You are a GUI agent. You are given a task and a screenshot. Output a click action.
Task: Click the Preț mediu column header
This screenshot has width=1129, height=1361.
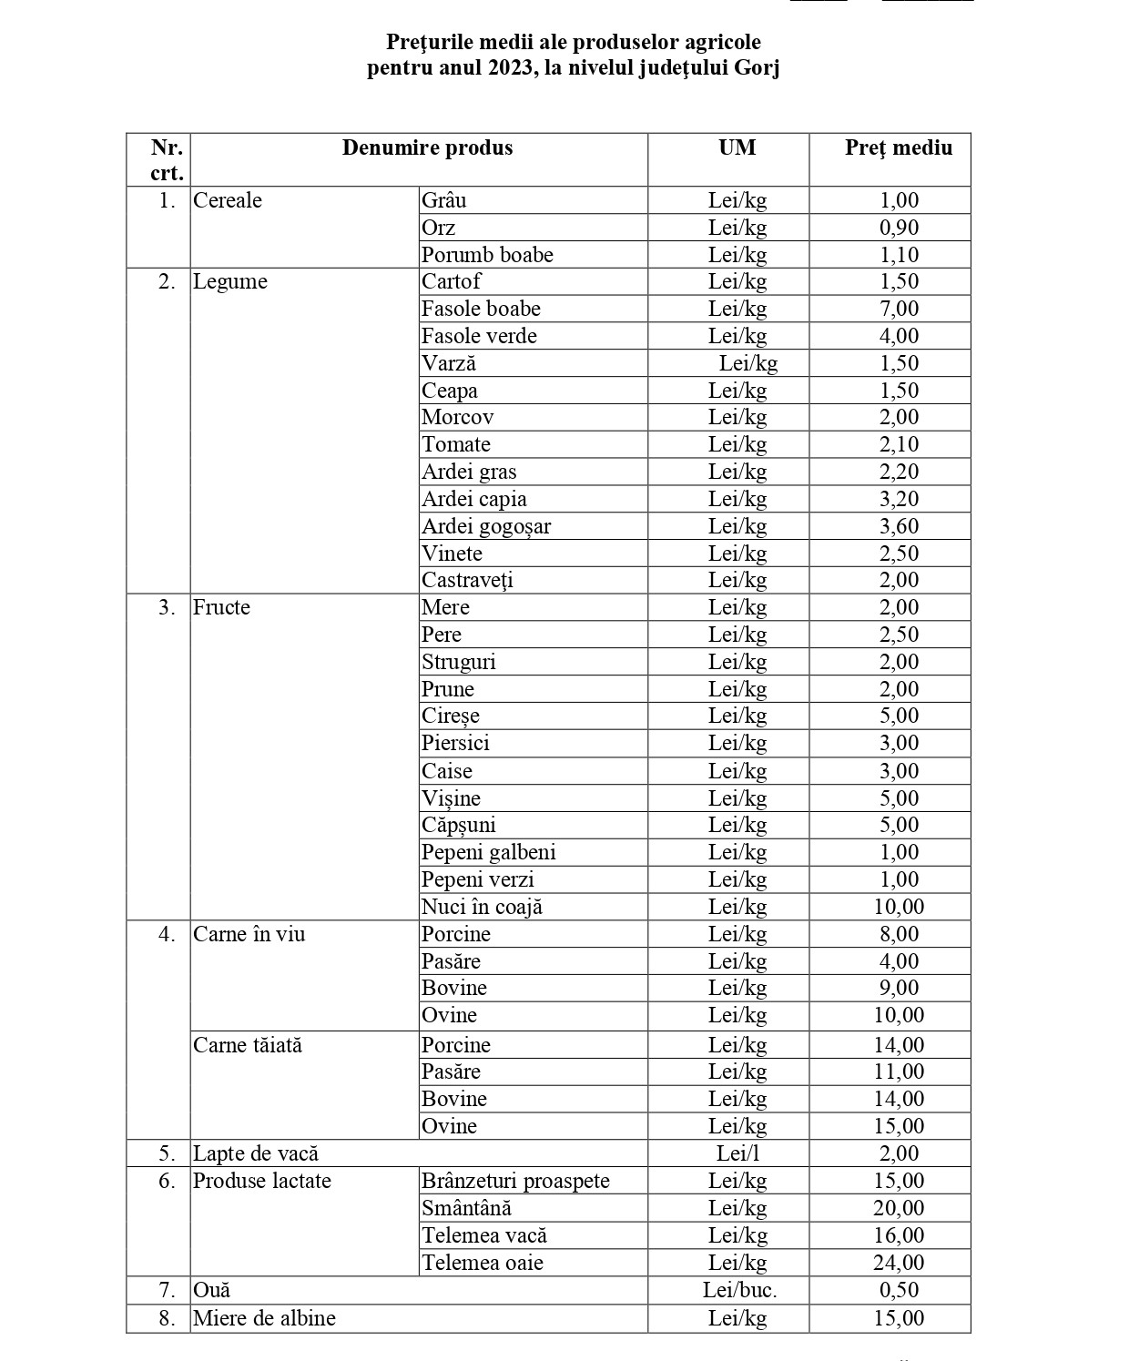[898, 148]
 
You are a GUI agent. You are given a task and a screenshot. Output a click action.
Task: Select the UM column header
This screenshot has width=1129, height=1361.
[737, 148]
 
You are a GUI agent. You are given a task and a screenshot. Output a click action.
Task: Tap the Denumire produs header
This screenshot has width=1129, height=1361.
[427, 148]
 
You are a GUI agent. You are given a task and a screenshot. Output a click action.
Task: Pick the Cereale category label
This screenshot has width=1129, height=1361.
[228, 200]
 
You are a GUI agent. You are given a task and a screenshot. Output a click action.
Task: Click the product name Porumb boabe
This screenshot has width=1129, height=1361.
[487, 255]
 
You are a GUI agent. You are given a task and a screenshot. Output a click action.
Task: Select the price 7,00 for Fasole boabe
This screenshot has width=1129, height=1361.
[899, 309]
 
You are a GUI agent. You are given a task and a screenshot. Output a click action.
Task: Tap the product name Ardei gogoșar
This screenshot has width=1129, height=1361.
[485, 526]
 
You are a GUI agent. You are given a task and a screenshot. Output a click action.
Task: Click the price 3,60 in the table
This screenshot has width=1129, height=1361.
[899, 526]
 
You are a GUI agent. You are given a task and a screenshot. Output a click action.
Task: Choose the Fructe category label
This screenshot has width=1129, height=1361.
[221, 607]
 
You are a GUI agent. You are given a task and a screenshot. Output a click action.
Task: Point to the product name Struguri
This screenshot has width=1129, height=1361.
[458, 662]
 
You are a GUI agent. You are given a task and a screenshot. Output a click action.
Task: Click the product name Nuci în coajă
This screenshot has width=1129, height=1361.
[482, 907]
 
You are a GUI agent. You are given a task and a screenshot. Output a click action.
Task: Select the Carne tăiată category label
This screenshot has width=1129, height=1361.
[248, 1045]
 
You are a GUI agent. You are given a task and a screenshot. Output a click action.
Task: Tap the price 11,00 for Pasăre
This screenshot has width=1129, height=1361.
[899, 1072]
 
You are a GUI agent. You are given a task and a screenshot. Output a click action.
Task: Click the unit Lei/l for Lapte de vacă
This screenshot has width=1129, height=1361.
[737, 1153]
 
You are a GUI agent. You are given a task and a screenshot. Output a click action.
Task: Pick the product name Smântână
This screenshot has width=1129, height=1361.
[466, 1208]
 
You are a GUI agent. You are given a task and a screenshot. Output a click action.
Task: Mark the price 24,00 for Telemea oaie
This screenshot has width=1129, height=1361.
[899, 1263]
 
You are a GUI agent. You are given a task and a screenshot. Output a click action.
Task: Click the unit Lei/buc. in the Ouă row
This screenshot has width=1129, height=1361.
[739, 1290]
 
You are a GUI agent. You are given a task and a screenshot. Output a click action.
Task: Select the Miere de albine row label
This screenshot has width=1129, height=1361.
[264, 1318]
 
